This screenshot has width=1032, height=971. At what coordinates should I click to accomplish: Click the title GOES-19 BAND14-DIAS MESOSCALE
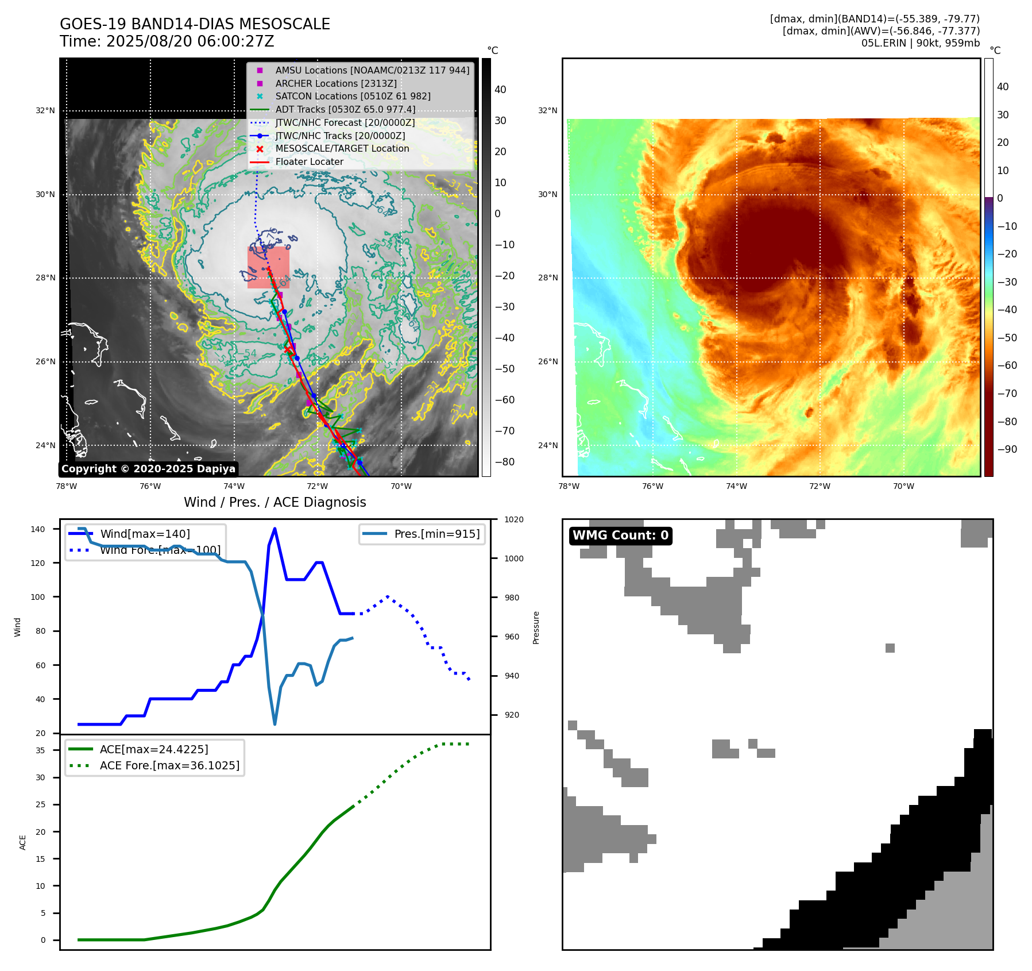[195, 24]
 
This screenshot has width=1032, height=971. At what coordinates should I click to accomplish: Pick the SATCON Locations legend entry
[353, 96]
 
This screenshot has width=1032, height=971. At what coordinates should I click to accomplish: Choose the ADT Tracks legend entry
[345, 109]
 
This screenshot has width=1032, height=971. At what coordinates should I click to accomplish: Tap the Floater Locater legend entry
[309, 161]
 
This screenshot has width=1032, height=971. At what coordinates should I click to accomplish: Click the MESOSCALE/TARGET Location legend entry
[342, 148]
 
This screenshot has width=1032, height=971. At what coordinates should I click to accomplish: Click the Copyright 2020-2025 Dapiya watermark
[148, 469]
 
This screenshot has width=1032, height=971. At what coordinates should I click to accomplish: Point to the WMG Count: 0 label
[620, 535]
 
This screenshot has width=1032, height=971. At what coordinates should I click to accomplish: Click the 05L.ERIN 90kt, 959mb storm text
[920, 43]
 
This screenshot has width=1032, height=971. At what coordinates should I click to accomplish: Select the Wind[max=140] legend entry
[145, 534]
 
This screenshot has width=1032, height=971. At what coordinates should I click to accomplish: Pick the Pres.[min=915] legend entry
[436, 534]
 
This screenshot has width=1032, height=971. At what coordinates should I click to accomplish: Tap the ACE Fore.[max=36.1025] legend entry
[169, 765]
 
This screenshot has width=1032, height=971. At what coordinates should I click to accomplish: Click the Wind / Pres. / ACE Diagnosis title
[275, 502]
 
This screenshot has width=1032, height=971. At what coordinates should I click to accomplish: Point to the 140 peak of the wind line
[275, 529]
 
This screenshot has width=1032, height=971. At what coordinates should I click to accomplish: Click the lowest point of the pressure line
[275, 724]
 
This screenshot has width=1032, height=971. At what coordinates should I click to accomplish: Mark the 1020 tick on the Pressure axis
[513, 519]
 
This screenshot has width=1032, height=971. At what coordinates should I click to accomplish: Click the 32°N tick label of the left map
[45, 110]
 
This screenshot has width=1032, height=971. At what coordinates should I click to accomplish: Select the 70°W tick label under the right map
[903, 486]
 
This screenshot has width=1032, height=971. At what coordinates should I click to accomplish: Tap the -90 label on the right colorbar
[1007, 449]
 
